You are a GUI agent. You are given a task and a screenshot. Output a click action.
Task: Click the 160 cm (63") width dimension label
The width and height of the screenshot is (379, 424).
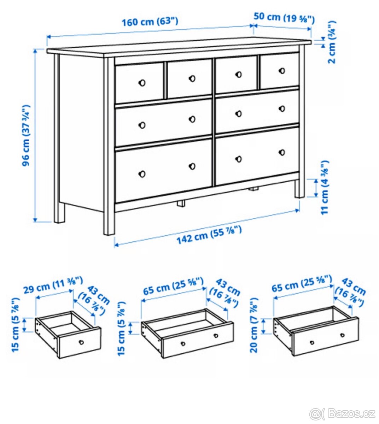coord(150,21)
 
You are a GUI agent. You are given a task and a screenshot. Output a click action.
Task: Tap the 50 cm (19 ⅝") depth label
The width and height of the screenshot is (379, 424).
coord(284,17)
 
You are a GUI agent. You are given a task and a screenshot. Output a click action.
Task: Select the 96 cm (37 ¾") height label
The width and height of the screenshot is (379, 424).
coord(26,135)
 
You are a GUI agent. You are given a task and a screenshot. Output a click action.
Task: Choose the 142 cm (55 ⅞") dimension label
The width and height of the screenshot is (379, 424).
coord(209,235)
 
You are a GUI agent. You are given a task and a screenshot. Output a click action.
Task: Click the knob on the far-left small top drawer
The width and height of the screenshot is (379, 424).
coord(142,83)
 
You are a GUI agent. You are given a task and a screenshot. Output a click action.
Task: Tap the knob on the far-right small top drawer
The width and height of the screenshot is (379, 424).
coord(282,71)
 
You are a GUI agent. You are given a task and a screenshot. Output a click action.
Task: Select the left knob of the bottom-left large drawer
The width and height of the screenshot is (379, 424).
coord(142,173)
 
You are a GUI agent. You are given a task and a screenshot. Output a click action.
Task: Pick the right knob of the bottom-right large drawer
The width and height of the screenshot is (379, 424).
coord(282,152)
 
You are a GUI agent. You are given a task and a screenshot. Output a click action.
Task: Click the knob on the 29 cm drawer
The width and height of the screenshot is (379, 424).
coord(81,342)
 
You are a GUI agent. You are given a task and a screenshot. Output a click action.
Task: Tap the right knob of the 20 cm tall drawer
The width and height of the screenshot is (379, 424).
coord(342,335)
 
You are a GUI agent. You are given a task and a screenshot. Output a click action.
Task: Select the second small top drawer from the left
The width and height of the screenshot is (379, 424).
coord(189,78)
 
